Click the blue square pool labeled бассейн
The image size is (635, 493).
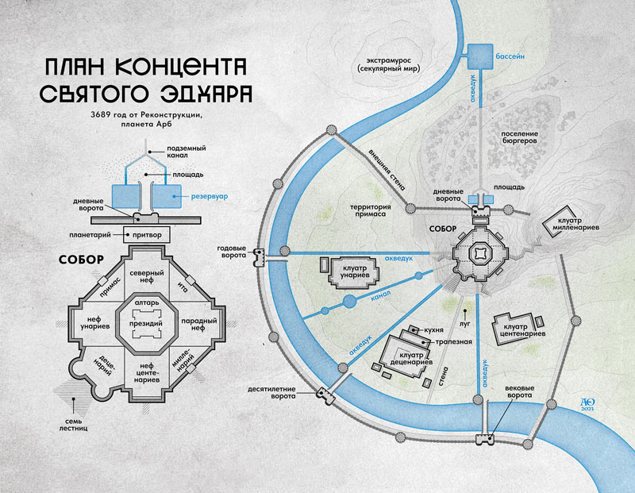click(x=481, y=56)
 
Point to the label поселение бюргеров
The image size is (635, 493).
click(x=520, y=137)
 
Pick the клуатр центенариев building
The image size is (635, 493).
click(x=515, y=329)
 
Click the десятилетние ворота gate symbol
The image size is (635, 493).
click(x=325, y=396)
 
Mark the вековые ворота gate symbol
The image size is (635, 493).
click(x=485, y=440)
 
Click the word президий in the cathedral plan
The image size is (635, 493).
click(x=146, y=324)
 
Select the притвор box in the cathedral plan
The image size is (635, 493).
click(x=146, y=235)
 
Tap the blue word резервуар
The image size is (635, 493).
click(x=210, y=196)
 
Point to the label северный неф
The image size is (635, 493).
click(x=147, y=276)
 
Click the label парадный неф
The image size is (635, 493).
click(x=198, y=324)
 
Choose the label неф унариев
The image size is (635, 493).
click(x=95, y=322)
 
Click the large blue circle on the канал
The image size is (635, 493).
click(x=349, y=301)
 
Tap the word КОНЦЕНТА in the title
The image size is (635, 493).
click(x=183, y=67)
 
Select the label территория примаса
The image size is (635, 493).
click(x=370, y=210)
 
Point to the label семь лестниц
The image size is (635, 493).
click(x=73, y=425)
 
